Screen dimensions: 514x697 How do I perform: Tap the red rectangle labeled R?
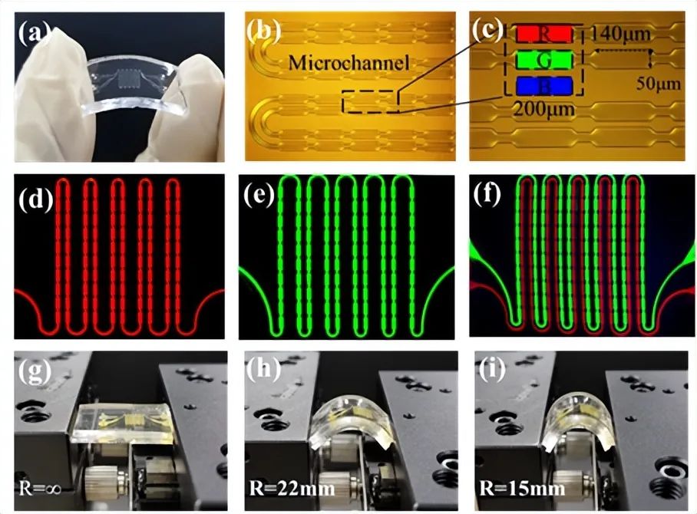[x=543, y=34]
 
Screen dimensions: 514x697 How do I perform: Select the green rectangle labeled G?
[x=543, y=60]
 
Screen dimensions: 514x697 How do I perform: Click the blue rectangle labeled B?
[x=543, y=86]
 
